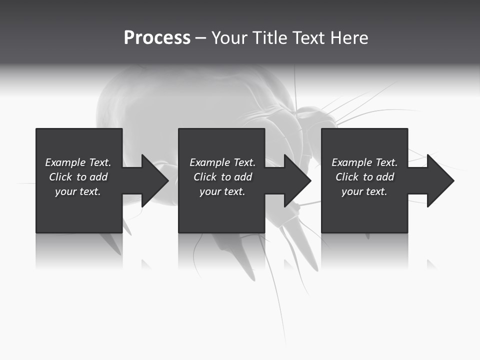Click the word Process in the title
click(x=157, y=38)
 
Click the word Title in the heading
click(x=268, y=38)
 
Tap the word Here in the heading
click(x=349, y=38)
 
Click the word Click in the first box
click(x=60, y=177)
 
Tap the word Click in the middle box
click(x=205, y=177)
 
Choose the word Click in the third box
click(x=347, y=177)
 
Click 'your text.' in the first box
click(x=78, y=191)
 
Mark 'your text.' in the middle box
click(x=222, y=191)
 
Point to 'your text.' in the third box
click(x=364, y=191)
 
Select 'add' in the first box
click(x=98, y=177)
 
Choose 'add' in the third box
click(x=385, y=177)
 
